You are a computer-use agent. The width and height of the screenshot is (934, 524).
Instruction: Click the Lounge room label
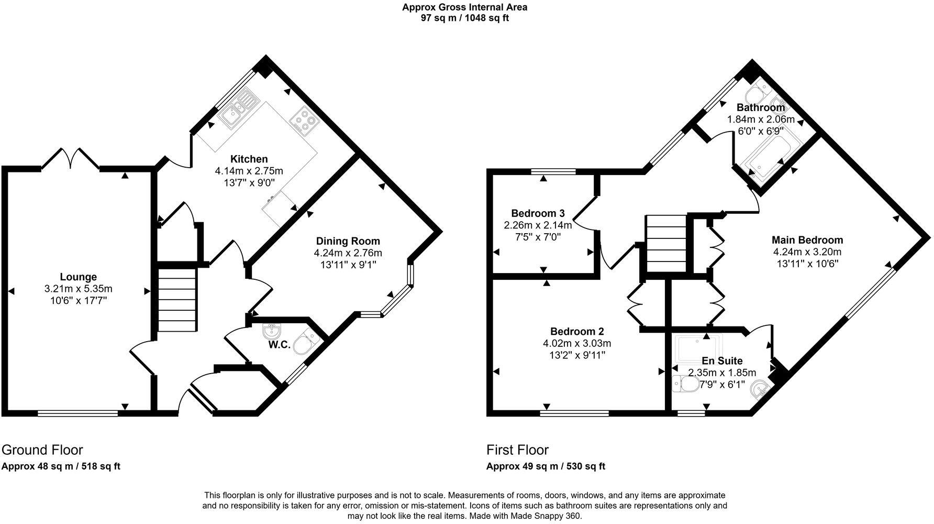tap(78, 277)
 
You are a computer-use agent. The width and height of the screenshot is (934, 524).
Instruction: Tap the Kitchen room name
tap(249, 159)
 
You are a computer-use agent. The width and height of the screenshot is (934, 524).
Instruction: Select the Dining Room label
tap(348, 241)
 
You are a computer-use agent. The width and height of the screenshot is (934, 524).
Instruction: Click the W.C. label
tap(280, 345)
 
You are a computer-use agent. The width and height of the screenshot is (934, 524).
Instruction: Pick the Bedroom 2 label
tap(577, 331)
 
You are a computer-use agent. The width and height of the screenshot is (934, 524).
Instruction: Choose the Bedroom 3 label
tap(538, 213)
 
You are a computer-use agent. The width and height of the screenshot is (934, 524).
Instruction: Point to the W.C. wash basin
tap(272, 332)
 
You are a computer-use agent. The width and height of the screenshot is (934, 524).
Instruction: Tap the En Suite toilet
tap(683, 384)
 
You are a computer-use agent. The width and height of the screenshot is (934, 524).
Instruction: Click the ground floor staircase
tap(177, 300)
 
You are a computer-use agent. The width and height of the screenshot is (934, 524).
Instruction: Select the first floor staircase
tap(665, 244)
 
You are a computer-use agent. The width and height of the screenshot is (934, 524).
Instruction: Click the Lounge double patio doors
tap(70, 159)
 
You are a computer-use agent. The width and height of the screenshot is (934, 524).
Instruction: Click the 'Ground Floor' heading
tap(42, 450)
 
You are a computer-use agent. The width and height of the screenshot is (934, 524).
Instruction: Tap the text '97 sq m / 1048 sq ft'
tap(464, 18)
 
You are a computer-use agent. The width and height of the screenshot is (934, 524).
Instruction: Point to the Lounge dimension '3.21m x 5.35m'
tap(79, 289)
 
